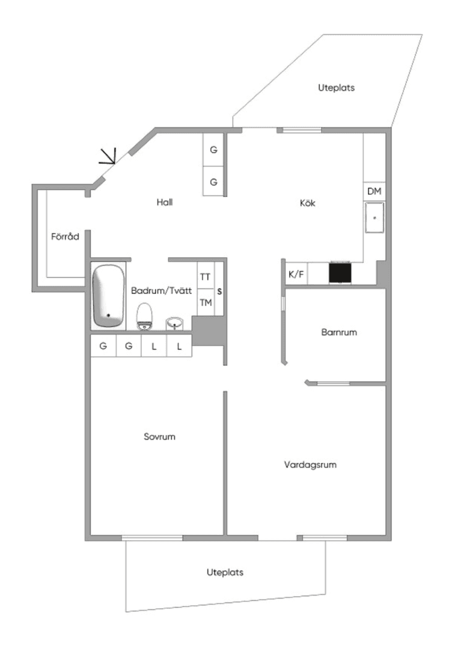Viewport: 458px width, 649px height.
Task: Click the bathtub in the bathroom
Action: coord(109,295)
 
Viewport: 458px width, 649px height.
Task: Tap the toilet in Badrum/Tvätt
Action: coord(144,317)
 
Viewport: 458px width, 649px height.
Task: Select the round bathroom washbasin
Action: coord(175,323)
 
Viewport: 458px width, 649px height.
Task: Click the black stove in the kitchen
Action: coord(340,272)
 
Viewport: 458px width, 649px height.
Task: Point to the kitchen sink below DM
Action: coord(374,218)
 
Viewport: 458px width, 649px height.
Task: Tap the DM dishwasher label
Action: coord(374,191)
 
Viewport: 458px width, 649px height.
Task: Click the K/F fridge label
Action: coord(296,274)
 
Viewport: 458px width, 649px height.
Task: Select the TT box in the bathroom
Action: coord(206,276)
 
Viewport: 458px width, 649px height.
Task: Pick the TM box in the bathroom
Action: coord(206,302)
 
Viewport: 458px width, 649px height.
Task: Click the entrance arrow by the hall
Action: coord(108,156)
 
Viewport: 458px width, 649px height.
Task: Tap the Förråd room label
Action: coord(65,236)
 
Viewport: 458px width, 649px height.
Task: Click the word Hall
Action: coord(165,202)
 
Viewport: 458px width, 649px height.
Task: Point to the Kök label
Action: coord(308,203)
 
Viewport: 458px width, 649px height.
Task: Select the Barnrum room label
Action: coord(339,332)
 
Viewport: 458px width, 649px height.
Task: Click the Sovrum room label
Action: coord(159,436)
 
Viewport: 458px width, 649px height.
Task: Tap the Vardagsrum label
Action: coord(310,465)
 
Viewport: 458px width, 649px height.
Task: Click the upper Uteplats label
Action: coord(336,87)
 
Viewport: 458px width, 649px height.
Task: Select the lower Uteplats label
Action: coord(225,572)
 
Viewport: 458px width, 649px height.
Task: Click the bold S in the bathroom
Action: coord(219,291)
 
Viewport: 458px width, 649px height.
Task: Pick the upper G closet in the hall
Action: coord(213,150)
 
